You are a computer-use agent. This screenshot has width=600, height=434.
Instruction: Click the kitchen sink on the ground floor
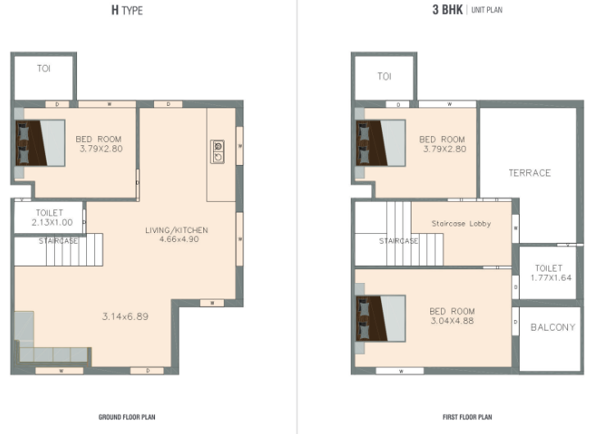pyautogui.click(x=217, y=152)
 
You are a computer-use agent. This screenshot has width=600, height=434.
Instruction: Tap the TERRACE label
pyautogui.click(x=530, y=173)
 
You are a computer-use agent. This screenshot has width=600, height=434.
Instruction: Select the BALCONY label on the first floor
pyautogui.click(x=553, y=327)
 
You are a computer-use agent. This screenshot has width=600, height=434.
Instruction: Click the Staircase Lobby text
pyautogui.click(x=461, y=223)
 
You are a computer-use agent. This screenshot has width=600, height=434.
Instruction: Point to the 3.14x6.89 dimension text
pyautogui.click(x=125, y=317)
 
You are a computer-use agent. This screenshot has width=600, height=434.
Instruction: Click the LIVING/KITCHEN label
pyautogui.click(x=176, y=231)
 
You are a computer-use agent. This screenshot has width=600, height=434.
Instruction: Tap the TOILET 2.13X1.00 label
pyautogui.click(x=52, y=217)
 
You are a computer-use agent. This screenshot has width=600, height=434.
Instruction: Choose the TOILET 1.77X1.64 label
pyautogui.click(x=550, y=272)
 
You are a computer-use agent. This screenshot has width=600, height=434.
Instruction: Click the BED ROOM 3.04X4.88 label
pyautogui.click(x=452, y=316)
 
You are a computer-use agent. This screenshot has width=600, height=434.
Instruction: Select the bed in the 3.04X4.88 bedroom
pyautogui.click(x=380, y=318)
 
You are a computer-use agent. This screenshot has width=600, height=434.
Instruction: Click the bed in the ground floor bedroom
pyautogui.click(x=40, y=143)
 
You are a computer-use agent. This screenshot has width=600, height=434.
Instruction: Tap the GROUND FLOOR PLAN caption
pyautogui.click(x=127, y=417)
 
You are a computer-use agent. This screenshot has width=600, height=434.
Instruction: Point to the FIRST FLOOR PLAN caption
pyautogui.click(x=467, y=417)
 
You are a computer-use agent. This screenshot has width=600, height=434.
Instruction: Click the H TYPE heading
pyautogui.click(x=127, y=10)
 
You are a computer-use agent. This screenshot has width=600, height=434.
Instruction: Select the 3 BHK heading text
pyautogui.click(x=448, y=10)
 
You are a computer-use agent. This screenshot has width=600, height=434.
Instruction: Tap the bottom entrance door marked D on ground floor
pyautogui.click(x=148, y=370)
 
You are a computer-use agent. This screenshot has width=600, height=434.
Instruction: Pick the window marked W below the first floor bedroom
pyautogui.click(x=400, y=371)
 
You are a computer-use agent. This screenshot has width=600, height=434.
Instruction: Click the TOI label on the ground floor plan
pyautogui.click(x=43, y=69)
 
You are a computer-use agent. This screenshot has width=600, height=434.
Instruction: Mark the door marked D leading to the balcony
pyautogui.click(x=516, y=322)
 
